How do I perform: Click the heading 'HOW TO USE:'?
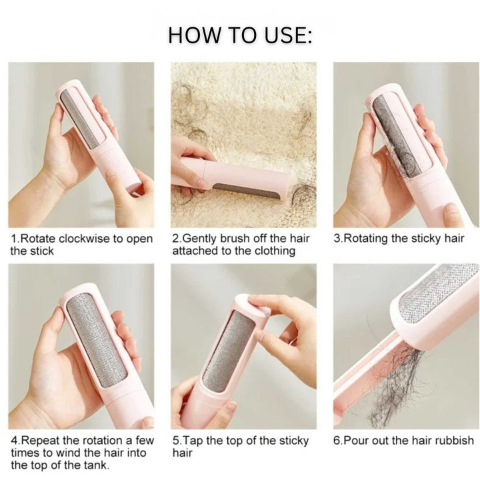tap(240, 35)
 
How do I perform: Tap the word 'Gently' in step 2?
tap(202, 239)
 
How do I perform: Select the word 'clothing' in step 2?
tap(271, 251)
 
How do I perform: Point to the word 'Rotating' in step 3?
tap(367, 239)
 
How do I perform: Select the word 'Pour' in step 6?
tap(357, 440)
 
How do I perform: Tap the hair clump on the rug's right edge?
tap(303, 197)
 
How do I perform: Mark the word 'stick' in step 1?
tap(40, 251)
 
